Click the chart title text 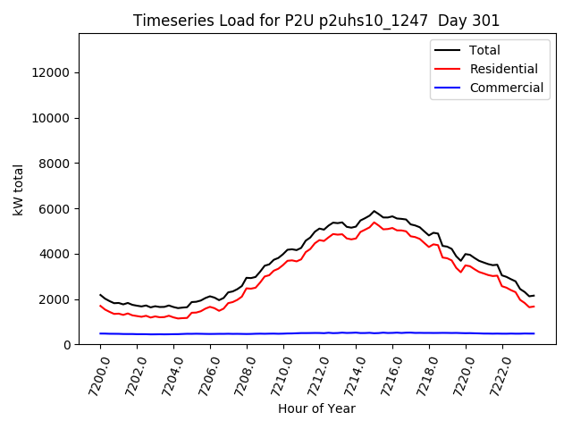316,21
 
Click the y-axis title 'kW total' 19,189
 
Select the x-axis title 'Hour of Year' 316,408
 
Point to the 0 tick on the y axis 67,345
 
